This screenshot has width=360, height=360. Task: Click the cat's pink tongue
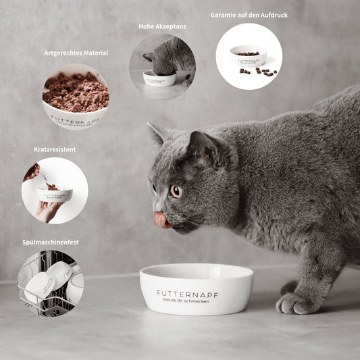click(x=161, y=220)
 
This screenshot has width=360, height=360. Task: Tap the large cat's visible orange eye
click(x=175, y=191)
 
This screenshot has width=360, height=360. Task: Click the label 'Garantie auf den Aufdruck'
click(x=249, y=14)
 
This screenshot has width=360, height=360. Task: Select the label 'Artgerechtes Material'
click(x=76, y=53)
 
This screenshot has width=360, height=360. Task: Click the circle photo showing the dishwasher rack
click(x=51, y=284)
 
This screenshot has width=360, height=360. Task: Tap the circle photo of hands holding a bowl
click(x=55, y=190)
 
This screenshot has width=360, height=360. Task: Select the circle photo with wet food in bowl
click(x=76, y=96)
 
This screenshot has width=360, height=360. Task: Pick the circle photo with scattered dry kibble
click(x=249, y=57)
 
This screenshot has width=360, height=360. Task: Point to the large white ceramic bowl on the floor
click(x=197, y=289)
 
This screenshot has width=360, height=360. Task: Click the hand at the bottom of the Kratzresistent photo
click(x=47, y=211)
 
